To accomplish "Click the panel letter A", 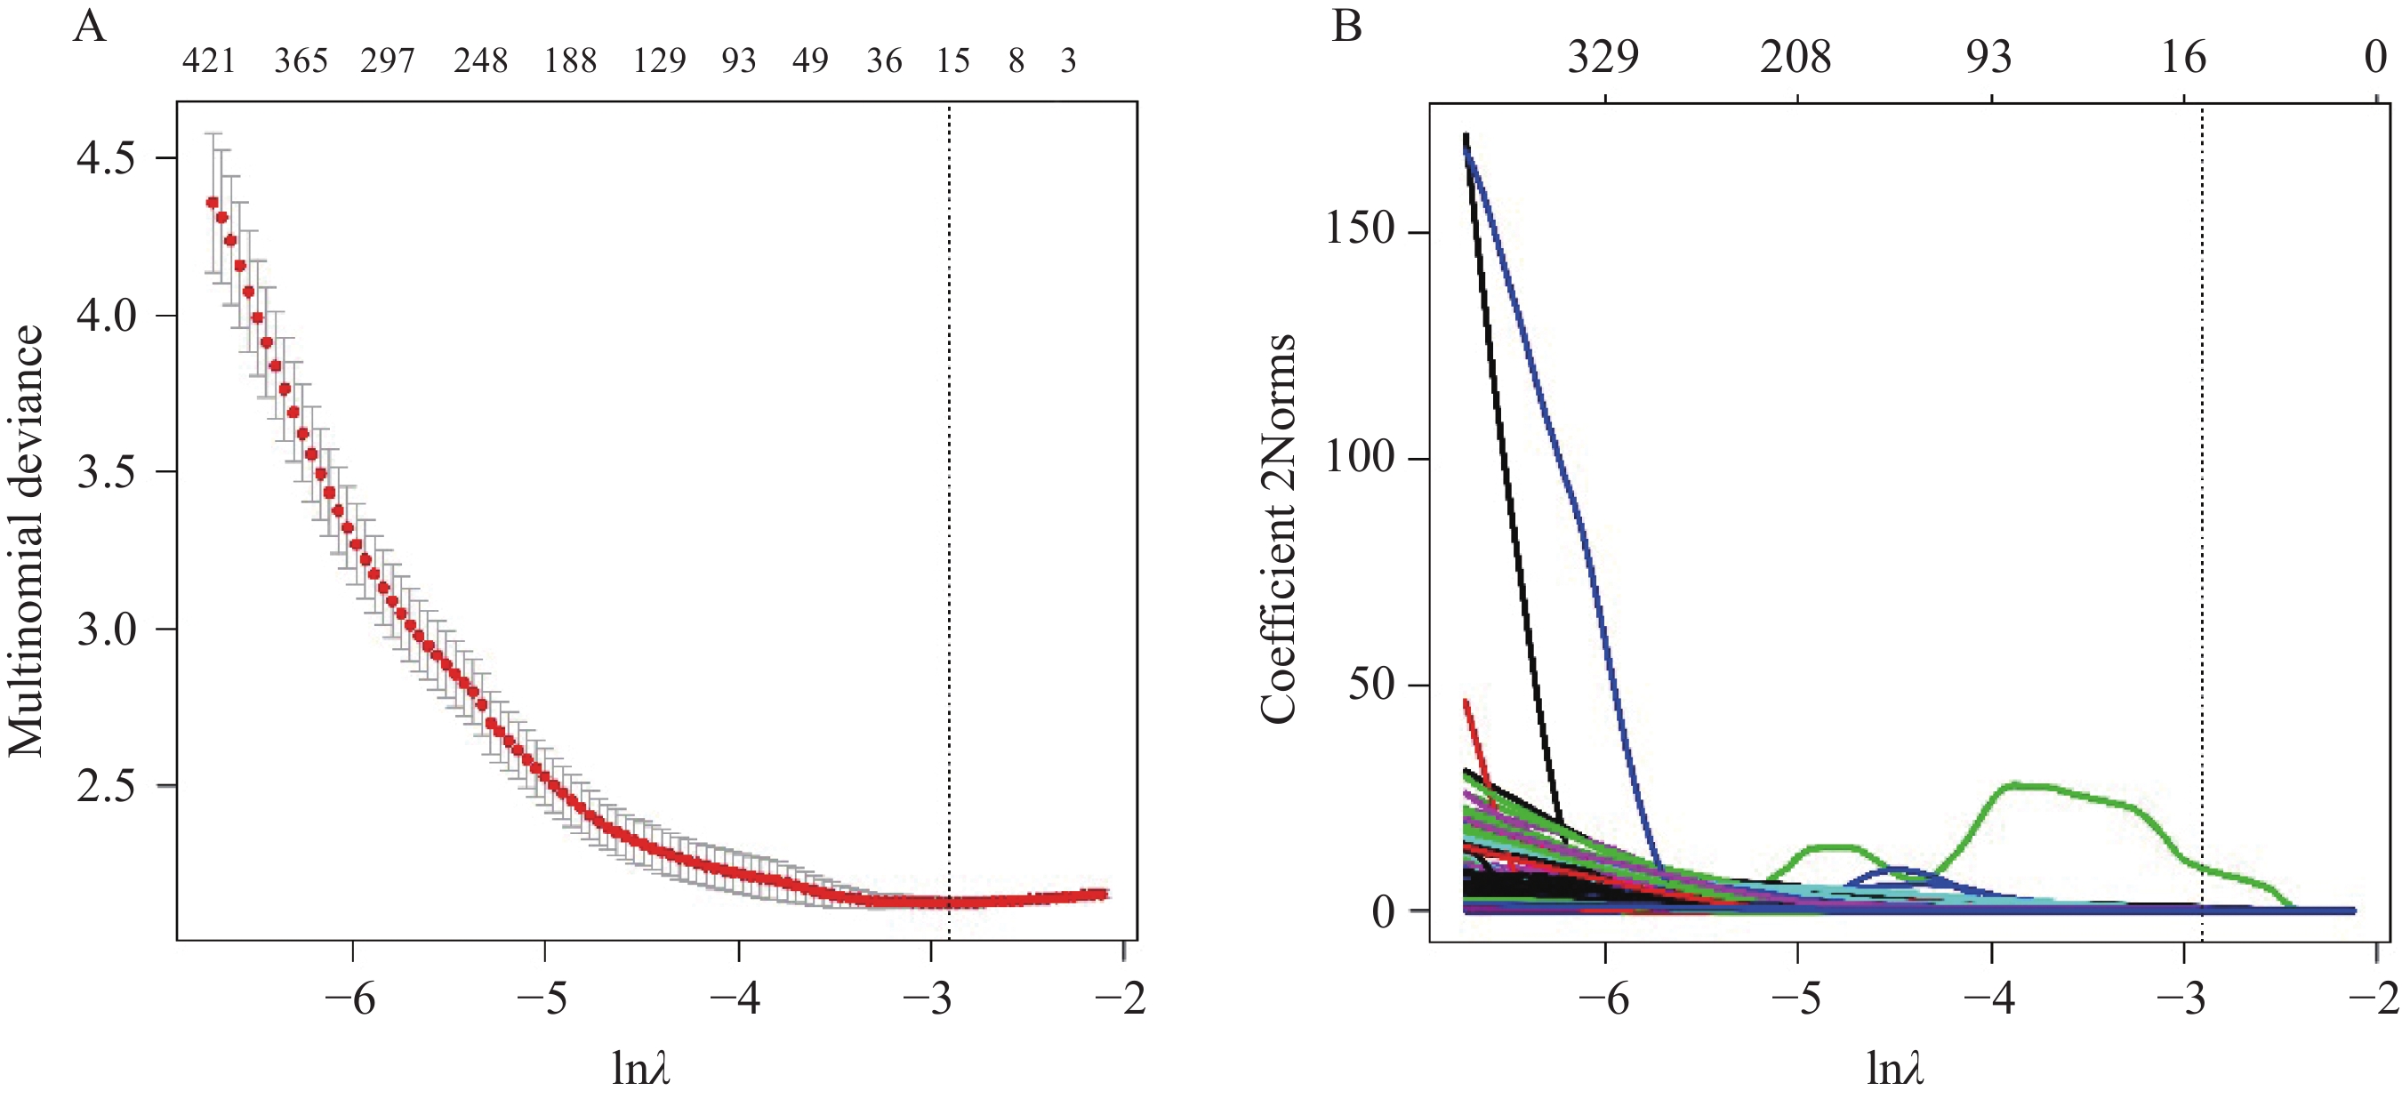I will coord(90,26).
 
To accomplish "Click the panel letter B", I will coord(1346,26).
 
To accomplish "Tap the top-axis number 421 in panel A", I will coord(208,61).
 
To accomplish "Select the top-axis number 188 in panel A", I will coord(570,61).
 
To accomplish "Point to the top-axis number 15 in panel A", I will coord(953,61).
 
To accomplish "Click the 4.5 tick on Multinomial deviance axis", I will coord(105,158).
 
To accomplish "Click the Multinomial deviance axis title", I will coord(26,541).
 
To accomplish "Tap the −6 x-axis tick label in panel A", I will coord(349,999).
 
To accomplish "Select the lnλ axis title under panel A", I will coord(640,1068).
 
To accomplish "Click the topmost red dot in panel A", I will coord(213,202).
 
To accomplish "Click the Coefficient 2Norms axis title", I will coord(1277,527).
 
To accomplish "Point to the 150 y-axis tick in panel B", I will coord(1359,229).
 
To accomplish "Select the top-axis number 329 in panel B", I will coord(1603,58).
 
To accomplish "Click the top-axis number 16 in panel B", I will coord(2184,58).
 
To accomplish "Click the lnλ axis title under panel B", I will coord(1895,1068).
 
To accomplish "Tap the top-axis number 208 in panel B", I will coord(1795,58).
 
